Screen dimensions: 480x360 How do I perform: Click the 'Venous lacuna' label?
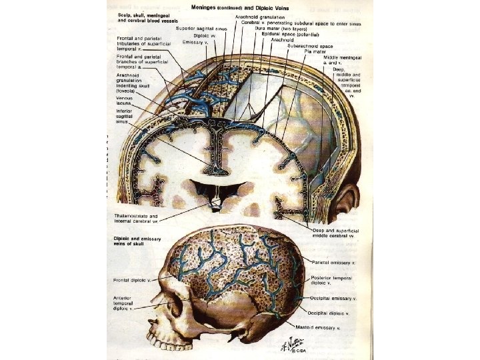[x=124, y=101]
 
